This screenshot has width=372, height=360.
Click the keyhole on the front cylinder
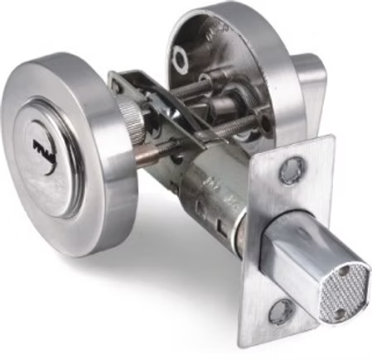41,150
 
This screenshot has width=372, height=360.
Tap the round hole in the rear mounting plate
180,57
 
